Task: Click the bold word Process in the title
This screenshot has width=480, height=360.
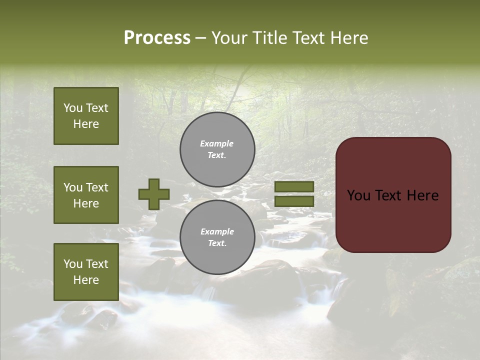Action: (157, 38)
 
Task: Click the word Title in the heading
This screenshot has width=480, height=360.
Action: (269, 38)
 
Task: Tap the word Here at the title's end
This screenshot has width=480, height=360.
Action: (348, 38)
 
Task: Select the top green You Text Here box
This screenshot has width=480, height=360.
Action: (86, 116)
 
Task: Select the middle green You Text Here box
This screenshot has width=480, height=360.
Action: (86, 195)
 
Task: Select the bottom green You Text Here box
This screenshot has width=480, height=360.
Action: (86, 271)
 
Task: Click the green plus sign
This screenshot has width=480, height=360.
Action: (153, 194)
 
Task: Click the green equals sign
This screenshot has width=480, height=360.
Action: (294, 194)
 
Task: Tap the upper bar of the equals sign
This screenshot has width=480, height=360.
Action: (294, 186)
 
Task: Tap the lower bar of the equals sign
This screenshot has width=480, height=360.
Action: (294, 201)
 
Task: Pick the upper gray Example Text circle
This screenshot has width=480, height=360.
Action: (217, 149)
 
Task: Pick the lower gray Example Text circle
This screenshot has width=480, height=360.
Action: (217, 237)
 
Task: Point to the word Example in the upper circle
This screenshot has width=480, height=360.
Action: (217, 143)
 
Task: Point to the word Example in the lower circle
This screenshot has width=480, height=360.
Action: (217, 231)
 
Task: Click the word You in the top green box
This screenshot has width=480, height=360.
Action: (73, 108)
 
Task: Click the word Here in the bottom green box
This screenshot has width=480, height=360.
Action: (86, 280)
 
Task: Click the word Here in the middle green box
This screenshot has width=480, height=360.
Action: (86, 203)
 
